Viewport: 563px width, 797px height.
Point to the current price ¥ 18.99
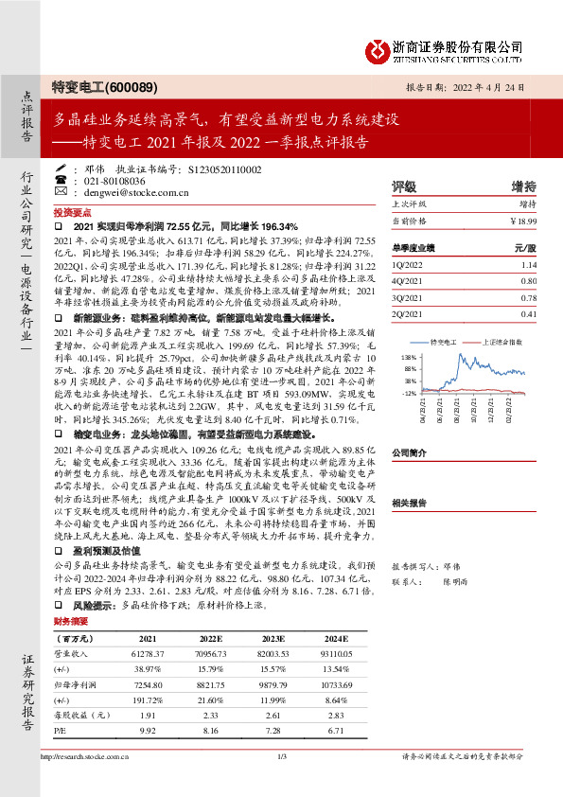click(522, 221)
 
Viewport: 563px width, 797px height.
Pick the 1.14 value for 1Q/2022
click(529, 265)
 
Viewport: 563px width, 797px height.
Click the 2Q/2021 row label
click(408, 313)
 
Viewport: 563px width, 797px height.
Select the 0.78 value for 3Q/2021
click(528, 297)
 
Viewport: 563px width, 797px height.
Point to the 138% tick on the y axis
click(410, 357)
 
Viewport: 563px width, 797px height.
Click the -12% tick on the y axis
click(410, 391)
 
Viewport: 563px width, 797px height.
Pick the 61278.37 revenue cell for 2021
click(147, 654)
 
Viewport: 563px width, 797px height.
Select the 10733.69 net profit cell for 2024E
click(331, 682)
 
